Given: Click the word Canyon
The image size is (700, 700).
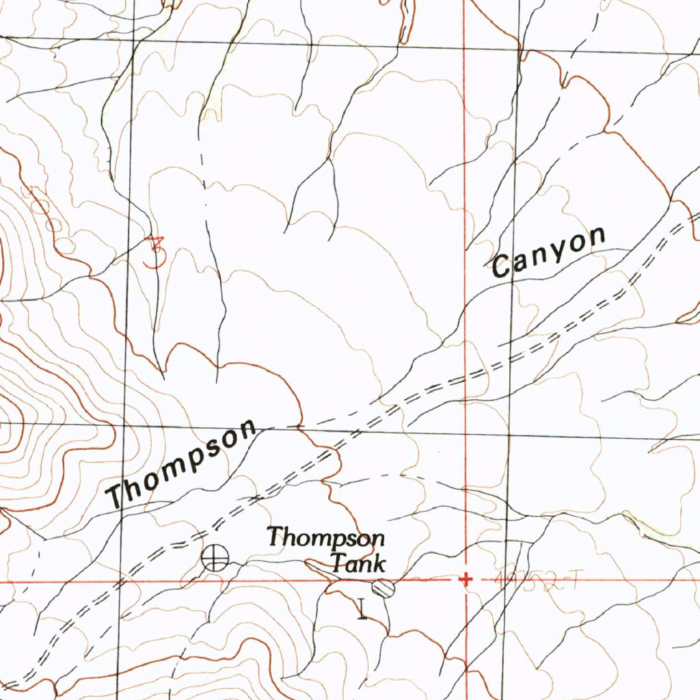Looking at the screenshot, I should click(x=550, y=252).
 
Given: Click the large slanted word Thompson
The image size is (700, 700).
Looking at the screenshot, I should click(x=183, y=465).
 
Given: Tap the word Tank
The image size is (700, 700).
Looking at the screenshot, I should click(x=358, y=564).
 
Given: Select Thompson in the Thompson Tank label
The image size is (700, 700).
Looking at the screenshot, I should click(x=325, y=537).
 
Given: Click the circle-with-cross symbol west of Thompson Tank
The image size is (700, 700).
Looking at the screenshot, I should click(x=215, y=558).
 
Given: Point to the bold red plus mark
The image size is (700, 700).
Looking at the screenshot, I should click(x=466, y=580).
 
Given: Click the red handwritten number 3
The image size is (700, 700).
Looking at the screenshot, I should click(x=157, y=252).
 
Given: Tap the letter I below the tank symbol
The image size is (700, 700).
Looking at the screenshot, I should click(x=362, y=608).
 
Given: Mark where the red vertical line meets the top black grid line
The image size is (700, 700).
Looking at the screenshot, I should click(x=465, y=47).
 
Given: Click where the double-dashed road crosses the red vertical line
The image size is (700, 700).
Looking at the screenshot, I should click(x=466, y=376).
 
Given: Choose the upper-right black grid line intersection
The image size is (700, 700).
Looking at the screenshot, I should click(x=520, y=49).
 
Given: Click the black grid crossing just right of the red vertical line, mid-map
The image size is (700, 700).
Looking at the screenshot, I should click(x=509, y=434).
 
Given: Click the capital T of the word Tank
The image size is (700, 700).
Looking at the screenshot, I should click(x=339, y=564).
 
